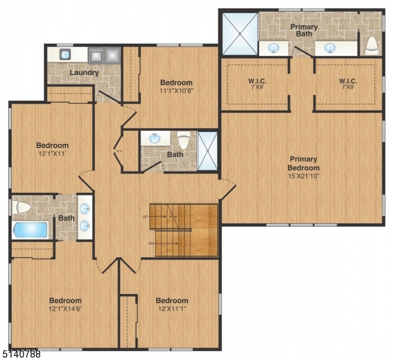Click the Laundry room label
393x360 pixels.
[x=84, y=73]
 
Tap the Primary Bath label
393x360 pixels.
[x=304, y=31]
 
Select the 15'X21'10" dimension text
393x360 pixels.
[x=302, y=176]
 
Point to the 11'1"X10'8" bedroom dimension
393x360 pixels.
[x=176, y=91]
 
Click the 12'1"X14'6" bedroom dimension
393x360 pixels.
[x=65, y=310]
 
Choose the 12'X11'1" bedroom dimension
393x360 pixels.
[x=172, y=310]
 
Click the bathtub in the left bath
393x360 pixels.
[x=29, y=230]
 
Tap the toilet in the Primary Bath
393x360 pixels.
[x=371, y=44]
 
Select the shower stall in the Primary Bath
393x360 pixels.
[x=239, y=33]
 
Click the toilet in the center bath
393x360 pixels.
[x=184, y=141]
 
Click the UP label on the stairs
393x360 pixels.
[x=145, y=216]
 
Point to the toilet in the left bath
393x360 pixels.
[x=22, y=208]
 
